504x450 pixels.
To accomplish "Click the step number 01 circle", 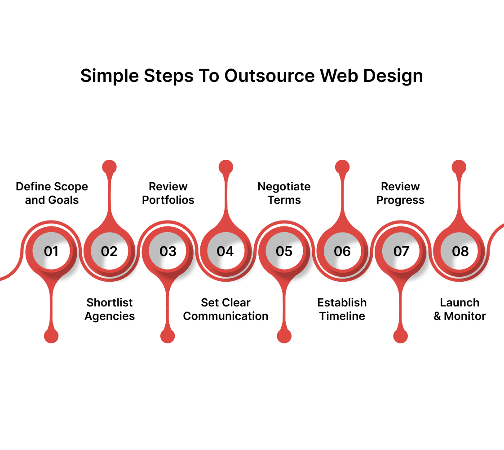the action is point(51,251).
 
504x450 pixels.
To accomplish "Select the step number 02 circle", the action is point(109,251).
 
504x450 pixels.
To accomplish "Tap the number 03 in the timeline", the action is point(168,251).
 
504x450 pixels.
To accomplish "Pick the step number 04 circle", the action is point(225,251).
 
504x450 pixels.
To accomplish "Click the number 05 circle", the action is point(284,251).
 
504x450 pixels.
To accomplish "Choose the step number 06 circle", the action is point(342,251).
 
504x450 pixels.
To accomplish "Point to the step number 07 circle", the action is point(401,251).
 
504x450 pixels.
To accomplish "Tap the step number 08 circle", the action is point(460,251).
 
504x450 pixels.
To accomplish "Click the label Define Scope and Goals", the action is point(52,193).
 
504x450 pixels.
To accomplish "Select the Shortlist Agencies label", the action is point(110,309).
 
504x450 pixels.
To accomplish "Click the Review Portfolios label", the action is point(168,193).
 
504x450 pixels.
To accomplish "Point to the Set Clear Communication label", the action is point(225,309).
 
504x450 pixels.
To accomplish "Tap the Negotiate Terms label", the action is point(284,193).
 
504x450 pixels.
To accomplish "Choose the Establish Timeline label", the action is point(342,309).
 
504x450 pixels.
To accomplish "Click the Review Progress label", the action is point(401,193).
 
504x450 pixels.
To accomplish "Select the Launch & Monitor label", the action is point(460,309).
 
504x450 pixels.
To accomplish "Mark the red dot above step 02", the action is point(109,167).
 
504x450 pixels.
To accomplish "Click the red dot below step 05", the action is point(284,336).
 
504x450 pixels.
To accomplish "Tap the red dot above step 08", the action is point(459,167).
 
